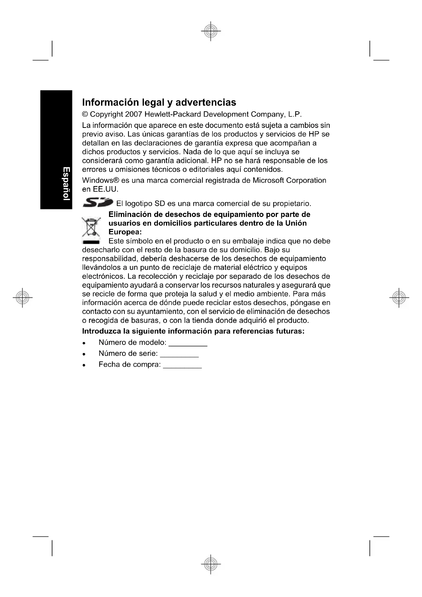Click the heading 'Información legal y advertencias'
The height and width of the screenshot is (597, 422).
[x=159, y=102]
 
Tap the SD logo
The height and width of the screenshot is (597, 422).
[x=98, y=202]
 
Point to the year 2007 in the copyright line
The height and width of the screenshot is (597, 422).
[x=133, y=114]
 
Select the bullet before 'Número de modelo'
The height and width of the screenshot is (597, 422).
[x=84, y=343]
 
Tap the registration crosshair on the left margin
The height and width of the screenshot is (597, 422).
[x=22, y=297]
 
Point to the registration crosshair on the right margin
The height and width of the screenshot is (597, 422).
[x=399, y=297]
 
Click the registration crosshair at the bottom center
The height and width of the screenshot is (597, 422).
[x=211, y=564]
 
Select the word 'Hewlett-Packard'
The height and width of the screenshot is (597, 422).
[x=173, y=114]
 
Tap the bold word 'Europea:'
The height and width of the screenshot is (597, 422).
[x=125, y=232]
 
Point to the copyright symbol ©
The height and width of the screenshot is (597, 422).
[x=85, y=114]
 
